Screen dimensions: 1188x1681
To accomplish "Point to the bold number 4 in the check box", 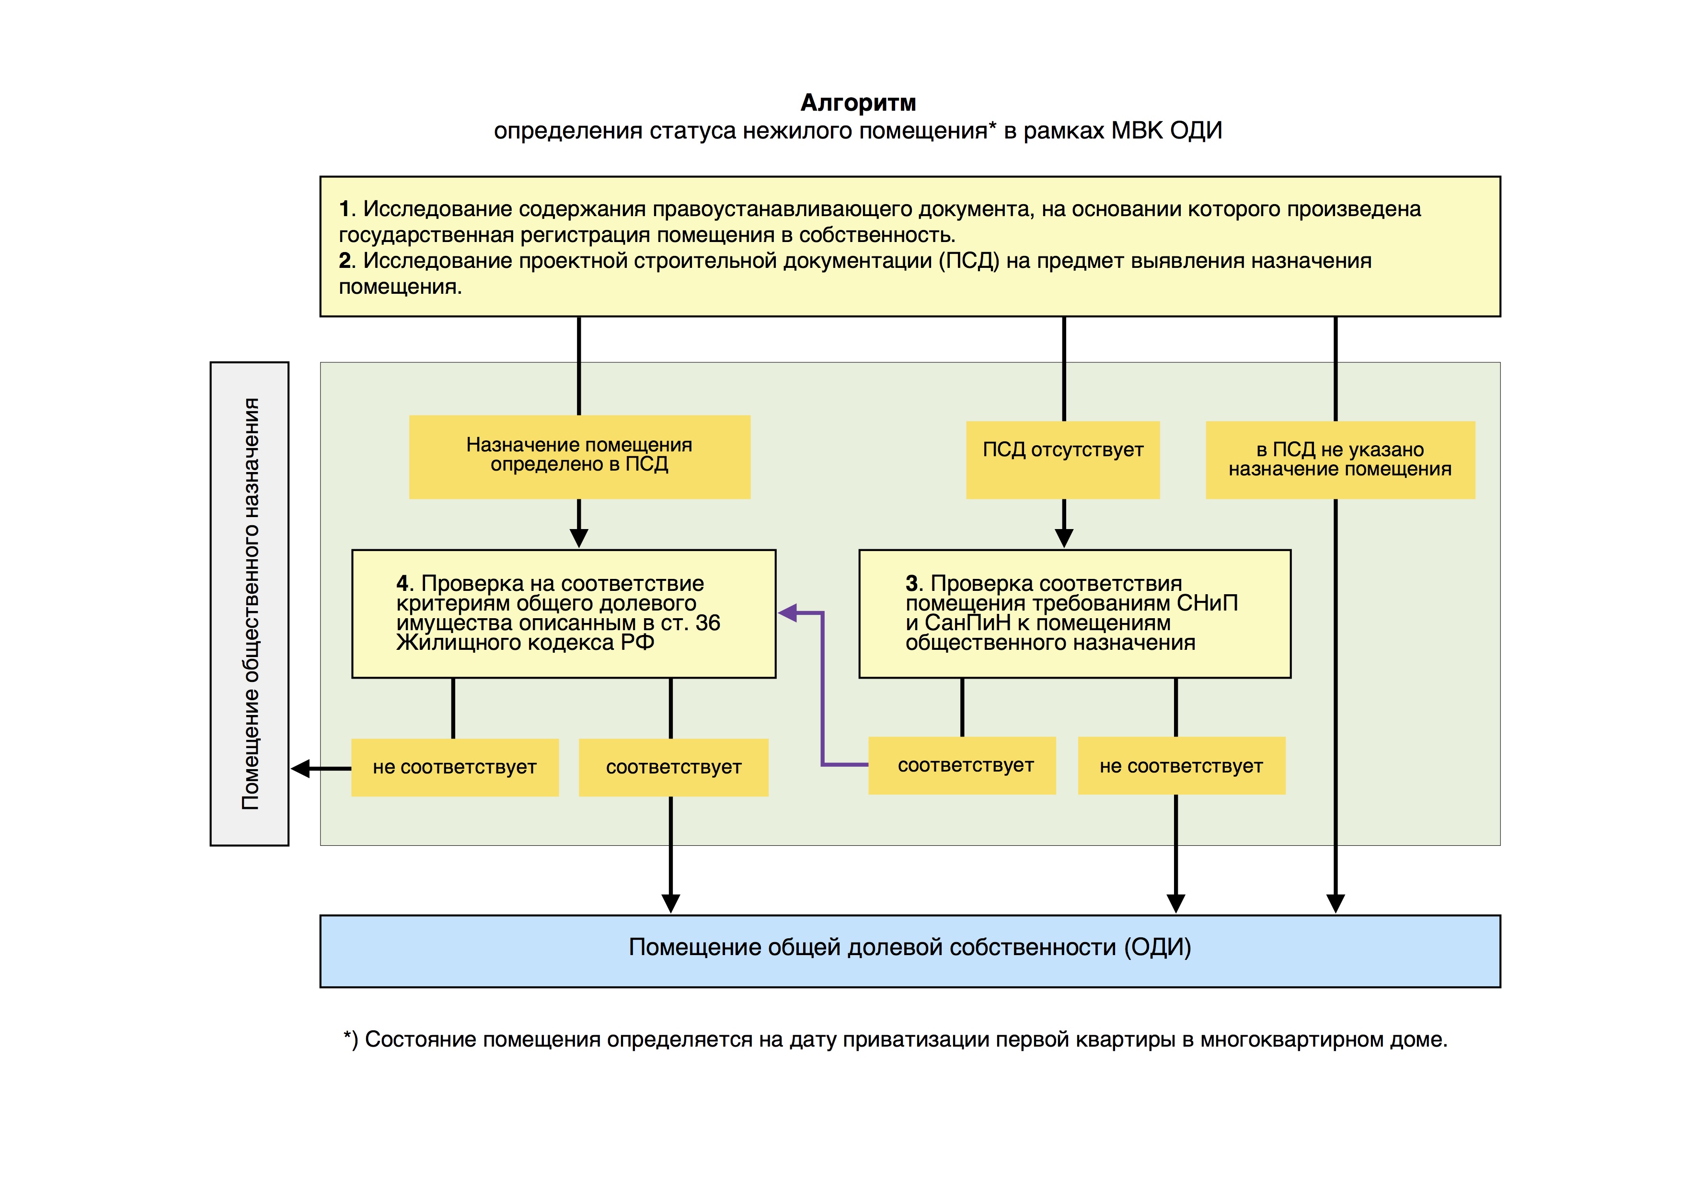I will pos(403,583).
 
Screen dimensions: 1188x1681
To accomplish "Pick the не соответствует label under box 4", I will pos(455,767).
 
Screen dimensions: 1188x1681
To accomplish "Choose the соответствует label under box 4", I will pos(674,767).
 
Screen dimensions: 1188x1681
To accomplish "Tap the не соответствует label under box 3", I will pos(1181,766).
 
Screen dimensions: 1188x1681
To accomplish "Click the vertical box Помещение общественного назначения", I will pos(250,604).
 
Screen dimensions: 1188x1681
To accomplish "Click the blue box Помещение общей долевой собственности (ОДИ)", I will pos(910,950).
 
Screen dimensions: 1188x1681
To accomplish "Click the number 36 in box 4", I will pos(707,623).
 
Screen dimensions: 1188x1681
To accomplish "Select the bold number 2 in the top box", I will pos(345,261).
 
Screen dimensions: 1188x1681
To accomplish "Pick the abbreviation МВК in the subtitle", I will pos(1137,130).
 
